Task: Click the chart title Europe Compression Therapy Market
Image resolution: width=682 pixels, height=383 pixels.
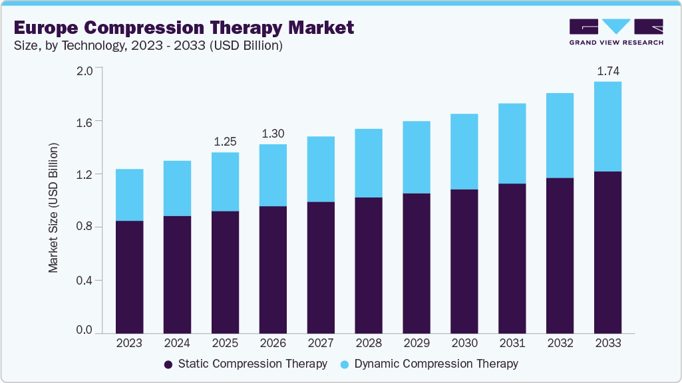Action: tap(184, 27)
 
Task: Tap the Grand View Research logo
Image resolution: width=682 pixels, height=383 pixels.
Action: tap(616, 31)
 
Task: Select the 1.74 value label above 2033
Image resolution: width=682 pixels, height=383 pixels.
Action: tap(607, 70)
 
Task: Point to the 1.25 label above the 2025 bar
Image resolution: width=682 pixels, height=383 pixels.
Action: tap(225, 142)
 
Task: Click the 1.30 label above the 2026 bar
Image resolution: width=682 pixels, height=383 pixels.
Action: tap(273, 134)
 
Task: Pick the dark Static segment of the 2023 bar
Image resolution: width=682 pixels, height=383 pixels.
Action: tap(129, 277)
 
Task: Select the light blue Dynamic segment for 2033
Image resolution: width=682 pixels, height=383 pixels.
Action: tap(607, 126)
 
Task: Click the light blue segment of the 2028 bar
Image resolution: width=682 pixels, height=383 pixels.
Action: tap(369, 163)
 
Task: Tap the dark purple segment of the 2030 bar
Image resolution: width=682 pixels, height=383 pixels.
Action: tap(464, 261)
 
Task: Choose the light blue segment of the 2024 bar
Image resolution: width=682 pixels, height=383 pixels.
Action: tap(177, 188)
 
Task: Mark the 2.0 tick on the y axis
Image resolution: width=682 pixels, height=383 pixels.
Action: tap(85, 68)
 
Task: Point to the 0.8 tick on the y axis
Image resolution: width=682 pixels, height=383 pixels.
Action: tap(85, 227)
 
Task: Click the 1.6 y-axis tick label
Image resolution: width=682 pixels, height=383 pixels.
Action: tap(85, 122)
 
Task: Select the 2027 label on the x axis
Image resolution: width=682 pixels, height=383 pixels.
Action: tap(321, 344)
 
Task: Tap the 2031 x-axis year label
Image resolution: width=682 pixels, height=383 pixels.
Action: tap(512, 344)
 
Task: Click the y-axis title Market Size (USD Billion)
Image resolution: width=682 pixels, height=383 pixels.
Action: tap(53, 207)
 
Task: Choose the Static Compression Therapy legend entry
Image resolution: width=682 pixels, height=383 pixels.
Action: tap(246, 364)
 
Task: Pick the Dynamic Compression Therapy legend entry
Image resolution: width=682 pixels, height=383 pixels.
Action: tap(429, 364)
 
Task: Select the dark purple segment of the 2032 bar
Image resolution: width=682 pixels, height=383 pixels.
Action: tap(560, 255)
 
